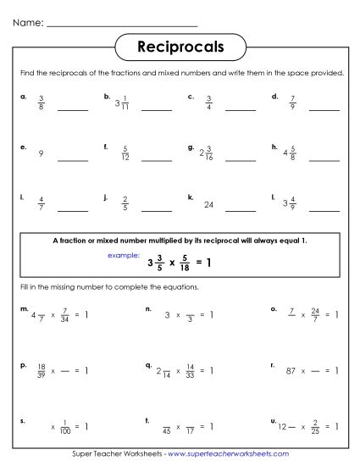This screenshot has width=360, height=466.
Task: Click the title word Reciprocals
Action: click(180, 47)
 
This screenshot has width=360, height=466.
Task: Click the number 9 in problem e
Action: click(41, 154)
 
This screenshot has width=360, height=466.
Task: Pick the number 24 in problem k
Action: click(208, 204)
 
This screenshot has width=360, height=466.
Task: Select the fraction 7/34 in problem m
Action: click(64, 315)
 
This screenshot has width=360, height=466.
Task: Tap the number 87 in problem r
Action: click(293, 371)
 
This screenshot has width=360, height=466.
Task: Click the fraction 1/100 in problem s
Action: click(65, 426)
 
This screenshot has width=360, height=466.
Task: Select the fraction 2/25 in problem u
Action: click(315, 426)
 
